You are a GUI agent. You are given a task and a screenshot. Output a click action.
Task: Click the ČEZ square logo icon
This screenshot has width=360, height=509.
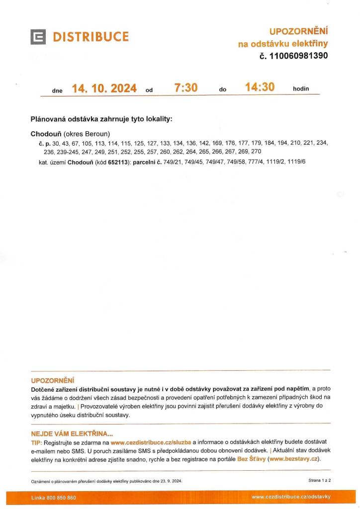[38, 37]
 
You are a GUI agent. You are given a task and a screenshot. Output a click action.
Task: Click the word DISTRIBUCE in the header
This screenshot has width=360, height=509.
[91, 37]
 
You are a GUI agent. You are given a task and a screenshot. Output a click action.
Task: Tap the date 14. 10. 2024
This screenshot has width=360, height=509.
[104, 88]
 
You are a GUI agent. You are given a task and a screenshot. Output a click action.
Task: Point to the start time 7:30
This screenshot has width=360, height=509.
[186, 88]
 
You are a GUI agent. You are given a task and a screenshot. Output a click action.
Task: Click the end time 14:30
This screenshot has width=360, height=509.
[260, 87]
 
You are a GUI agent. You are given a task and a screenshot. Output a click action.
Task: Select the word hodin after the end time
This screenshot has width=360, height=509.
[301, 89]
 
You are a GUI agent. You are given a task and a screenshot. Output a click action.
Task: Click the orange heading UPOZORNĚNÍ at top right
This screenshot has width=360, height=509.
[298, 32]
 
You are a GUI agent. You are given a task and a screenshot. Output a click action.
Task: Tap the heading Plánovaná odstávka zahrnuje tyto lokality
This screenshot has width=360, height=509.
[101, 119]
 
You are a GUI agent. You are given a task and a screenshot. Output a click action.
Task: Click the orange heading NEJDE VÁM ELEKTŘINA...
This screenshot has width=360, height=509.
[72, 433]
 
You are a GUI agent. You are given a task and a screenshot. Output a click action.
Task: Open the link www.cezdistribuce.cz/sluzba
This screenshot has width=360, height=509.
[151, 442]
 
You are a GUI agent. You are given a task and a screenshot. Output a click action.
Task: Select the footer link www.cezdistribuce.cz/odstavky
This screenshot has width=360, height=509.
[291, 497]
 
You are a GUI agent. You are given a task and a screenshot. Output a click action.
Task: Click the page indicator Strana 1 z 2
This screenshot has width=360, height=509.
[319, 480]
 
